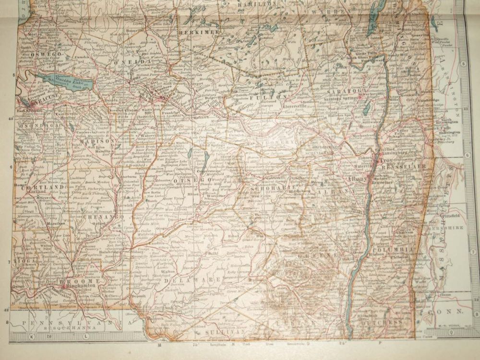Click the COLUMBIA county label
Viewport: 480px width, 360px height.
click(x=395, y=250)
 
